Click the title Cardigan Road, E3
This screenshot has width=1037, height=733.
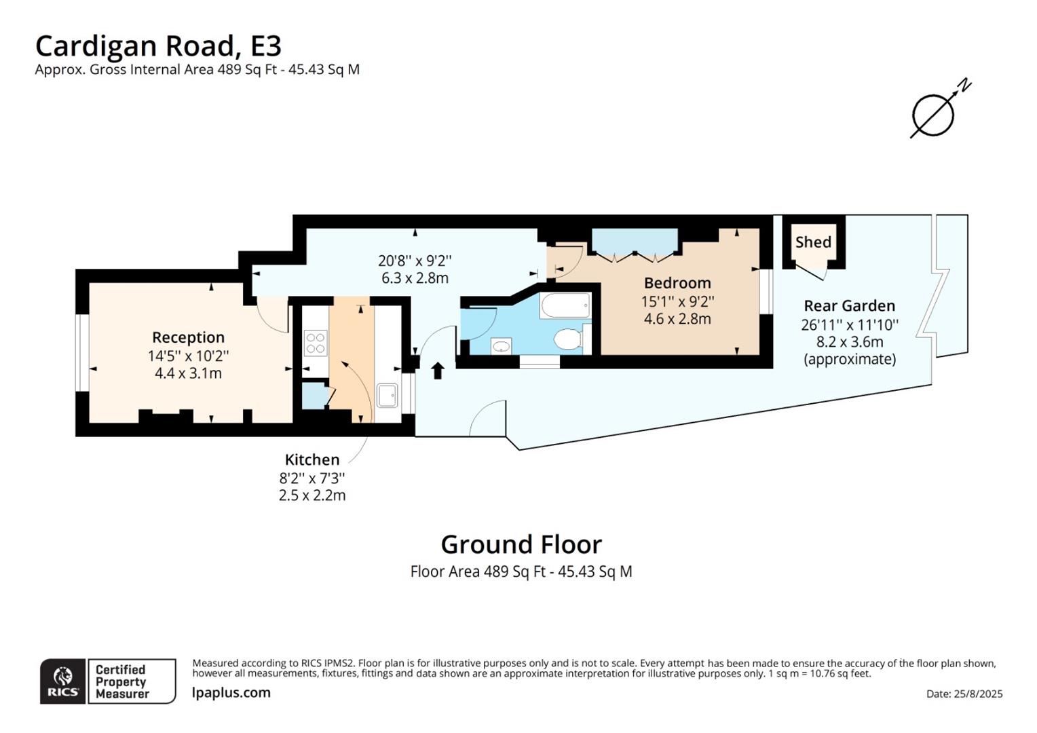(157, 46)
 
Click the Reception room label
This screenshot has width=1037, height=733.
(188, 337)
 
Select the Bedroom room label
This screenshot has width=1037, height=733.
(677, 283)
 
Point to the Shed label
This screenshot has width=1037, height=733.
(813, 242)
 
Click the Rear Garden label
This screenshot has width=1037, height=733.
(849, 306)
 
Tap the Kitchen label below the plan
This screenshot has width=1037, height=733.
(312, 459)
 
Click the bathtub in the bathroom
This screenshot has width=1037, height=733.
(565, 305)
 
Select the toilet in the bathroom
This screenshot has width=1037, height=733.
(567, 338)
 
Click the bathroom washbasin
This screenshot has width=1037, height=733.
(501, 347)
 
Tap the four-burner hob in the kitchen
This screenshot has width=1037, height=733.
(316, 342)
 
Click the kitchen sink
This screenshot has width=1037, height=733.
(387, 395)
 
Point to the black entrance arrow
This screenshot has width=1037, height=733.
(438, 370)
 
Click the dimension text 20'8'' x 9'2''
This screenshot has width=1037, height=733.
(415, 261)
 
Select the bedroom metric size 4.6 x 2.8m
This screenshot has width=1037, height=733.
(677, 319)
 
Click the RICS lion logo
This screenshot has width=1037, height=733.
(63, 680)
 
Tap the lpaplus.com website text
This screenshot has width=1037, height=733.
(231, 693)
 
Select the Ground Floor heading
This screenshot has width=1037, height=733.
(521, 544)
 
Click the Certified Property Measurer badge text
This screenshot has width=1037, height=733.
(122, 681)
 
